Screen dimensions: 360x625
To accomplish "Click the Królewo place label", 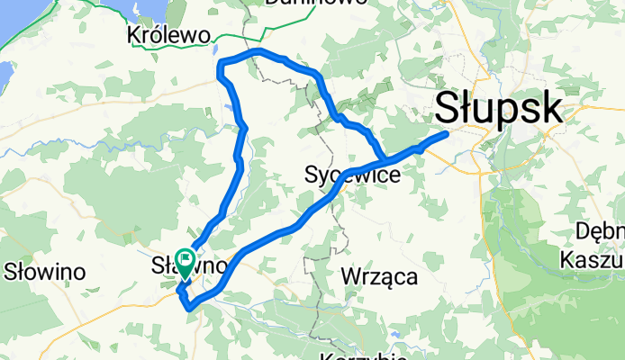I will click(170, 34).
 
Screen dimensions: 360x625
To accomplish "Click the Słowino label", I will click(44, 271).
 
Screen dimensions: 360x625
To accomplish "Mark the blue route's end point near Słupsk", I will click(446, 135).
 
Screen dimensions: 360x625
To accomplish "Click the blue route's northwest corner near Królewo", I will click(222, 63).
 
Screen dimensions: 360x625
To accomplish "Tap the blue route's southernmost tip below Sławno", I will click(191, 309).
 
